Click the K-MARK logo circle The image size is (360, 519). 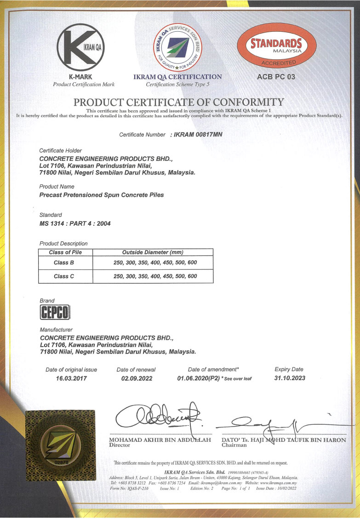coord(84,46)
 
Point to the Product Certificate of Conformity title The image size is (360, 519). coord(179,102)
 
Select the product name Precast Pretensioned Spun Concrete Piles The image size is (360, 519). coord(102,195)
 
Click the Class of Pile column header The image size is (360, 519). coord(66,252)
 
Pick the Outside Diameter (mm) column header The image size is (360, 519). coord(153,252)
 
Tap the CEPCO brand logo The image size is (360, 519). coord(55,314)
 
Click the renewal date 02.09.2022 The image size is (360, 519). coord(136,379)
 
